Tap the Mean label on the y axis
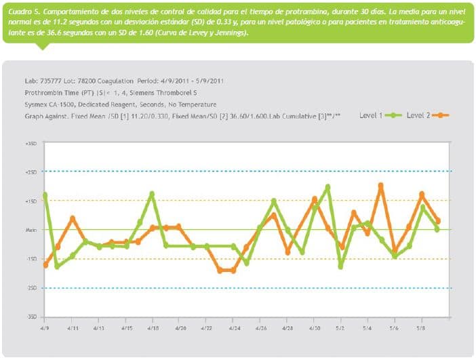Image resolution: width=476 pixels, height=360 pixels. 31,231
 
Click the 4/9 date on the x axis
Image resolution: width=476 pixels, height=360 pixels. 45,327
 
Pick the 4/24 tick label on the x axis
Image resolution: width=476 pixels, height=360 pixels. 234,327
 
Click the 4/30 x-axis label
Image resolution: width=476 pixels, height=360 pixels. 315,327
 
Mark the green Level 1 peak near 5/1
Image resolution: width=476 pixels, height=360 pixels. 328,186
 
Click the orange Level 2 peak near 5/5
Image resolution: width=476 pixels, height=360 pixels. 381,185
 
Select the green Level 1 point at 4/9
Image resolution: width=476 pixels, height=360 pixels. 45,195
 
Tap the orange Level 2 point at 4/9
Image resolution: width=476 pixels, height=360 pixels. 45,265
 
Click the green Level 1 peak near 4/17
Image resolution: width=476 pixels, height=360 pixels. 152,194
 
